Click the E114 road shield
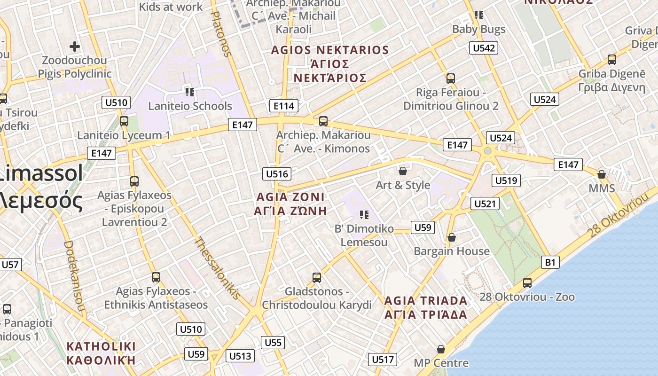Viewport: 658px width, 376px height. pyautogui.click(x=284, y=106)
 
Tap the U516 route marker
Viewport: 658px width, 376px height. pyautogui.click(x=277, y=174)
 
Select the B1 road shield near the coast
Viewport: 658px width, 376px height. pyautogui.click(x=550, y=262)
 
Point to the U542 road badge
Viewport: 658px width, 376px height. pyautogui.click(x=484, y=48)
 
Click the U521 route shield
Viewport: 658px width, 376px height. pyautogui.click(x=485, y=204)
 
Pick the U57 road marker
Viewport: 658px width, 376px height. pyautogui.click(x=10, y=265)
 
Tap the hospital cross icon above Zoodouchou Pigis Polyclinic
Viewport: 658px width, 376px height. pyautogui.click(x=74, y=47)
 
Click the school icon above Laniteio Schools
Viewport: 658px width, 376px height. pyautogui.click(x=190, y=92)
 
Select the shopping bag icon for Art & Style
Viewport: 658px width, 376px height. pyautogui.click(x=403, y=171)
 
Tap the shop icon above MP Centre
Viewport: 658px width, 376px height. pyautogui.click(x=441, y=349)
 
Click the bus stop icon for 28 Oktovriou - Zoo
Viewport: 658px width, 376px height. pyautogui.click(x=527, y=283)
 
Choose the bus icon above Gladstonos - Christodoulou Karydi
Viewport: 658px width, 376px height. pyautogui.click(x=317, y=278)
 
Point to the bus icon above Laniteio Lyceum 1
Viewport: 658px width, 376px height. pyautogui.click(x=124, y=121)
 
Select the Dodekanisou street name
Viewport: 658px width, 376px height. pyautogui.click(x=74, y=277)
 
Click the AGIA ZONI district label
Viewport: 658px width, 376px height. pyautogui.click(x=290, y=196)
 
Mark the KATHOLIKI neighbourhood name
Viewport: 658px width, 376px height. pyautogui.click(x=101, y=346)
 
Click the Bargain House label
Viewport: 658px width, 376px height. pyautogui.click(x=451, y=251)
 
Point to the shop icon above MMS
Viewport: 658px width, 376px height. pyautogui.click(x=602, y=175)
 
